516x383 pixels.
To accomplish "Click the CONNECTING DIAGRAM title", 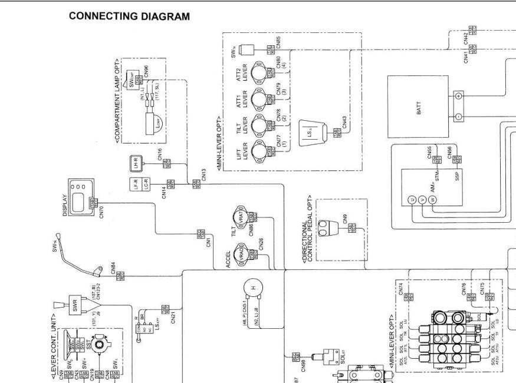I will click(129, 16).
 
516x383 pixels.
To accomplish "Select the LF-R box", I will click(136, 183).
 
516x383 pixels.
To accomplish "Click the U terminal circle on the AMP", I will click(412, 200).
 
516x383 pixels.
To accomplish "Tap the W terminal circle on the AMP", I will click(433, 200).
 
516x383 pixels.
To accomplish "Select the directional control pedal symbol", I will click(326, 226).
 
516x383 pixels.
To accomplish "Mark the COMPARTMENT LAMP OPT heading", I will click(117, 101).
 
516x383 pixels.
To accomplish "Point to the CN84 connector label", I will click(113, 269).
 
